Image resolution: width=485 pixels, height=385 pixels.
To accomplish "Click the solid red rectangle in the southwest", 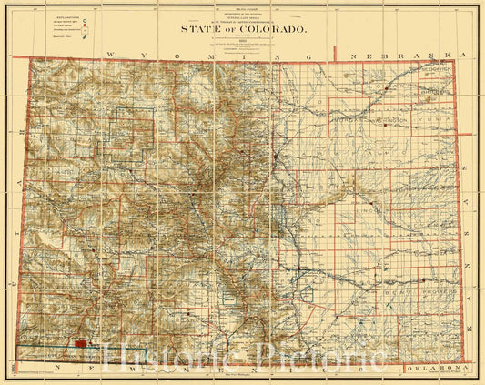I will tap(83, 343).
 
